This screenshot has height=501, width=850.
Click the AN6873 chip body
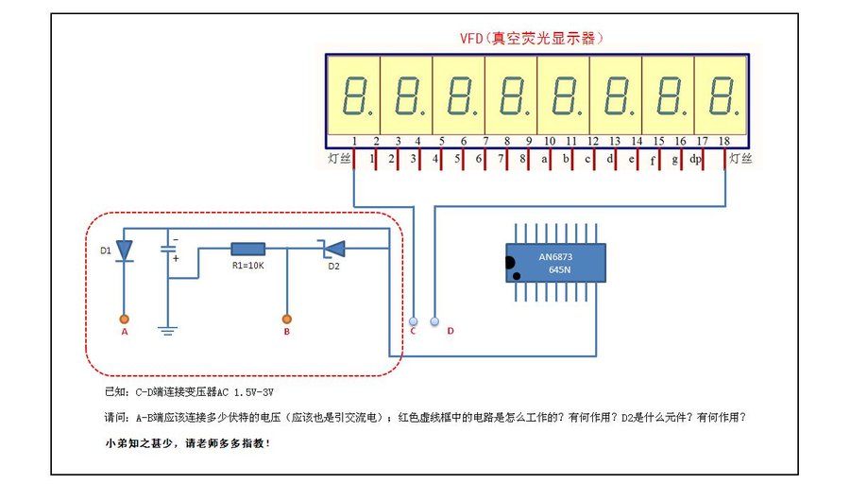tap(554, 263)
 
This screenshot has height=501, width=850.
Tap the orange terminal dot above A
tap(124, 319)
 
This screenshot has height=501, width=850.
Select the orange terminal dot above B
tap(287, 319)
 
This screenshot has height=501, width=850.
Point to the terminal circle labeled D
tap(434, 320)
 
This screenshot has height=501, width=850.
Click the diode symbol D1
tap(124, 250)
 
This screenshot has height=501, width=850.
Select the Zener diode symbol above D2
tap(331, 249)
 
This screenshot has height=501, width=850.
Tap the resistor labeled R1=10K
tap(247, 249)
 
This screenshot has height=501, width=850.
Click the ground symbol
tap(168, 330)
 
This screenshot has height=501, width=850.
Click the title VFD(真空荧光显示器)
tap(530, 39)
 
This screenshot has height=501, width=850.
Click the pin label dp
tap(695, 160)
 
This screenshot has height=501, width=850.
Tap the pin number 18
tap(723, 142)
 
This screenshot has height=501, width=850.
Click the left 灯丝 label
tap(338, 159)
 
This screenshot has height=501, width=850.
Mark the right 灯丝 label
tap(740, 159)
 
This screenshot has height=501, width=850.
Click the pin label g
tap(674, 160)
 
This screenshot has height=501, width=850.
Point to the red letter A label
tap(124, 333)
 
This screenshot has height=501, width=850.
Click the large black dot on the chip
tap(511, 262)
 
